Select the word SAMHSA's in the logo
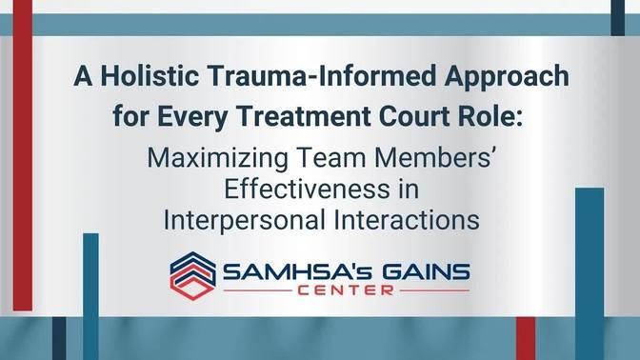pos(283,272)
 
